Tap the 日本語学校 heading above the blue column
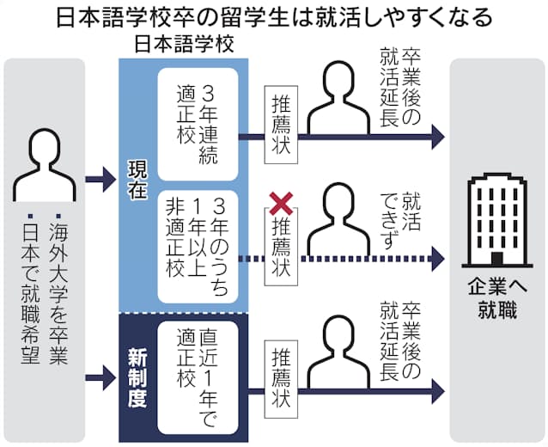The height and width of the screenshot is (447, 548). click(182, 42)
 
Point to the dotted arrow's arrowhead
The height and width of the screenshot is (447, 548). click(439, 257)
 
